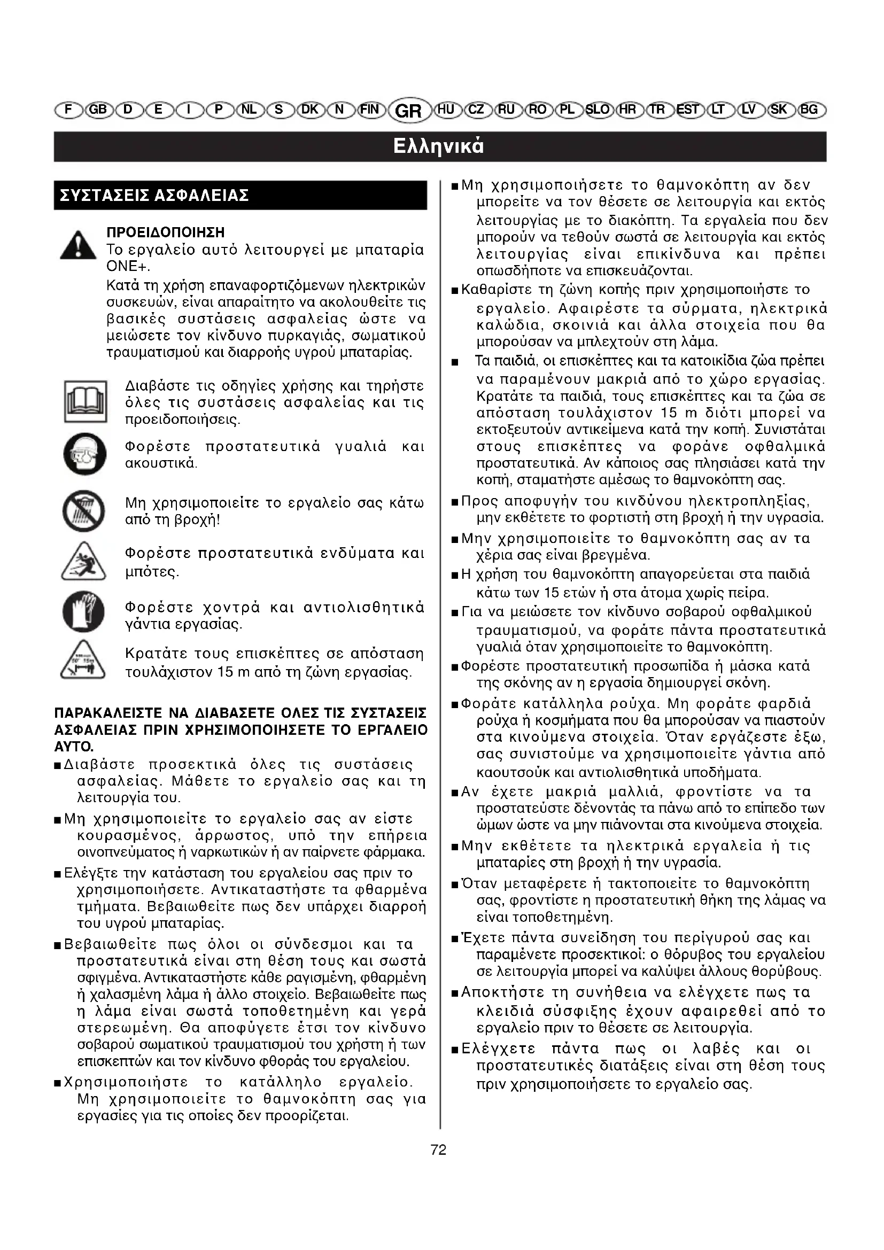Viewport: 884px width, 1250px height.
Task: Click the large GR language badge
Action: [409, 111]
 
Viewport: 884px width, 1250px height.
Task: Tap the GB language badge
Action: [98, 110]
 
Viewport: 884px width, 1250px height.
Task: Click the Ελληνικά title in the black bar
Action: [439, 146]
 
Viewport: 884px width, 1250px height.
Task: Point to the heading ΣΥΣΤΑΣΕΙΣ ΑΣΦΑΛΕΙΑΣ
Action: [154, 196]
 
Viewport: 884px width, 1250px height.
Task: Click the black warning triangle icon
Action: [79, 245]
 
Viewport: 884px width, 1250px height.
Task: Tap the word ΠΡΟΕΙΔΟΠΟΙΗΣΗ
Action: [166, 233]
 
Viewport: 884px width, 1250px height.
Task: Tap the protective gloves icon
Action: [83, 612]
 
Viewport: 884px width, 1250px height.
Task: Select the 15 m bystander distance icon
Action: [83, 661]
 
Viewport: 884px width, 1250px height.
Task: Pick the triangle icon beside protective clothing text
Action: [83, 561]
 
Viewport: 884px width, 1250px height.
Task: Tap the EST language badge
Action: [688, 110]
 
